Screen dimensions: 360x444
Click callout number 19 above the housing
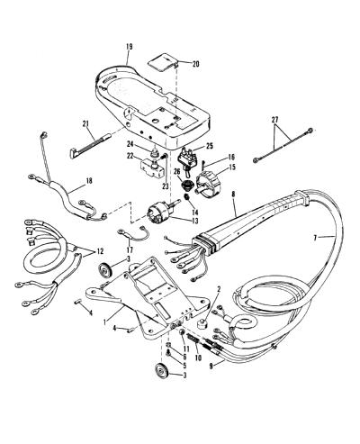tap(129, 47)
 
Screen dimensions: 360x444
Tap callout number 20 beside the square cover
tap(195, 64)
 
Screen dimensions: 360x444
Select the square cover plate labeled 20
tap(164, 63)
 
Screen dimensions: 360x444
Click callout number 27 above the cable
tap(274, 120)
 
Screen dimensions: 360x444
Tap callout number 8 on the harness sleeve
tap(233, 194)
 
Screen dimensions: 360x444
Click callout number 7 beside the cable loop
tap(315, 238)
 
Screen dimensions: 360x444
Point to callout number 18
tap(89, 181)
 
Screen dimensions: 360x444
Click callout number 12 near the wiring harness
tap(100, 252)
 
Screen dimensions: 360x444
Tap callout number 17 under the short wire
tap(130, 249)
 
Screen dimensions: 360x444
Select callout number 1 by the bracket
tap(104, 322)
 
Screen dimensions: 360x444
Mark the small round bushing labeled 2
tap(202, 324)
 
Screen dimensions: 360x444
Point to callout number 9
tap(211, 367)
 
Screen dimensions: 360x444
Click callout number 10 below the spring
tap(198, 358)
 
